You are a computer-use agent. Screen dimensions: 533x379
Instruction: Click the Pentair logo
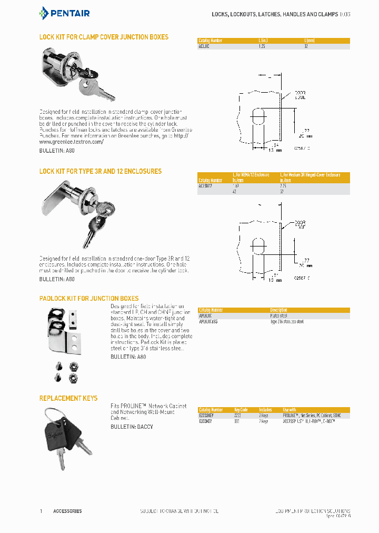65,13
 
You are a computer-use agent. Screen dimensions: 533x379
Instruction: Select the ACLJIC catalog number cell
204,46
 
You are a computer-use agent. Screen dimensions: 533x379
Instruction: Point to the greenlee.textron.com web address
72,142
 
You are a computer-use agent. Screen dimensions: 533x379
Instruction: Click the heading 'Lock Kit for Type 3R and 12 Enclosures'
101,171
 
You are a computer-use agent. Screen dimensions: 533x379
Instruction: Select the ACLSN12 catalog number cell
206,186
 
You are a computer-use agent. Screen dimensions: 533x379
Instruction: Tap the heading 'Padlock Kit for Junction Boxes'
89,299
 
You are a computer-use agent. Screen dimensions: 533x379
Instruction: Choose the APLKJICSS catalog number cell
208,321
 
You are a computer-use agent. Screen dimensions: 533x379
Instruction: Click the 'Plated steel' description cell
280,316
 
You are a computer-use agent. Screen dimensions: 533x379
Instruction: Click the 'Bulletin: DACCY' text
132,427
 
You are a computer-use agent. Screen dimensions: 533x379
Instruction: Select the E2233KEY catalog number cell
207,415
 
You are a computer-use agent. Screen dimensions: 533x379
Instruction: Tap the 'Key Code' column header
241,409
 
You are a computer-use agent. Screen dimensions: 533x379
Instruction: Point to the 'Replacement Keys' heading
68,398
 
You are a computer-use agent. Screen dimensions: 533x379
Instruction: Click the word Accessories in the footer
67,511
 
